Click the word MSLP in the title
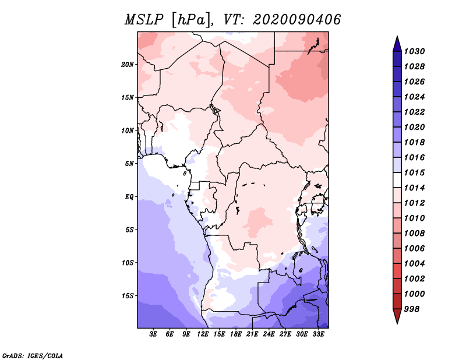click(x=143, y=20)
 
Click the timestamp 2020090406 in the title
click(x=297, y=20)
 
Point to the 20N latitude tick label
click(x=128, y=64)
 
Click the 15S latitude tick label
click(x=128, y=296)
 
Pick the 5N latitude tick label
click(x=129, y=164)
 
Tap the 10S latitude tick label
click(x=128, y=263)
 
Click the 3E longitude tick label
click(x=154, y=334)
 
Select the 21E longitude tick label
click(x=252, y=334)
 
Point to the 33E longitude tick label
click(x=318, y=334)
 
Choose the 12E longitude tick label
click(x=203, y=334)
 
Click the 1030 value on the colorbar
click(x=416, y=51)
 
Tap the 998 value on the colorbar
click(x=414, y=309)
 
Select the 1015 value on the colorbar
click(x=416, y=173)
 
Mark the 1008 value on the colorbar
click(x=416, y=233)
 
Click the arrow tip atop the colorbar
click(x=397, y=38)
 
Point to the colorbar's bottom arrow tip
click(x=397, y=322)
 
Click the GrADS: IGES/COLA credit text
click(x=32, y=355)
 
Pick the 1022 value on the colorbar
click(x=416, y=112)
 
